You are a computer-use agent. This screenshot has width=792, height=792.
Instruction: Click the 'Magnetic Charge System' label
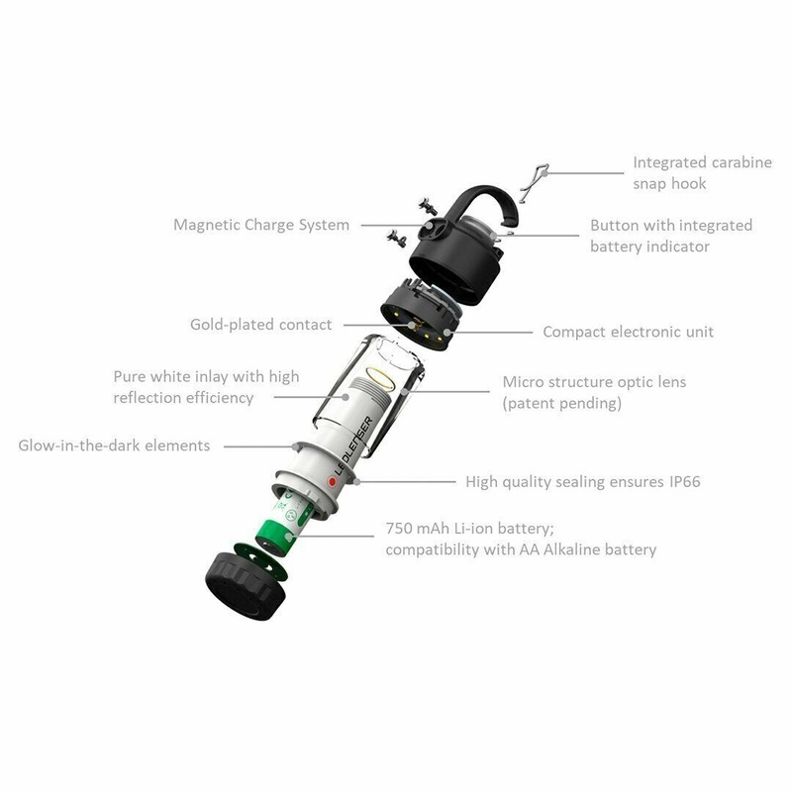[261, 225]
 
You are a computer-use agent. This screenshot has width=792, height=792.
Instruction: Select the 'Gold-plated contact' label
[261, 324]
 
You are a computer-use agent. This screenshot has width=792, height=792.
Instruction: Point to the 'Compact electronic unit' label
[628, 332]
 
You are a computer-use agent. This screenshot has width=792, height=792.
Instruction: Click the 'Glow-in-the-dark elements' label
[114, 445]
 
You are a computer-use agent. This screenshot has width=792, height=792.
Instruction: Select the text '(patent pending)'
[560, 403]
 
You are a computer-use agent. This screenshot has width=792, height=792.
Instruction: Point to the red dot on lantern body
[333, 481]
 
